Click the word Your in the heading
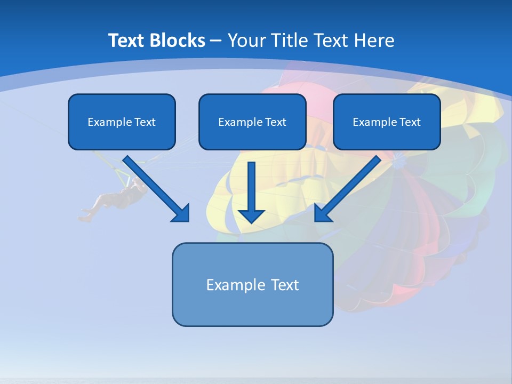(x=246, y=41)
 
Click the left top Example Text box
(x=122, y=122)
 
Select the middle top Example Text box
(x=252, y=122)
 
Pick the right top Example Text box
(x=387, y=122)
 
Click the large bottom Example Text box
(x=252, y=284)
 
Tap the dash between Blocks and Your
(x=216, y=41)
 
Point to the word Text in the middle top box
(x=275, y=122)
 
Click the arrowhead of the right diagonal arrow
(x=323, y=213)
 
